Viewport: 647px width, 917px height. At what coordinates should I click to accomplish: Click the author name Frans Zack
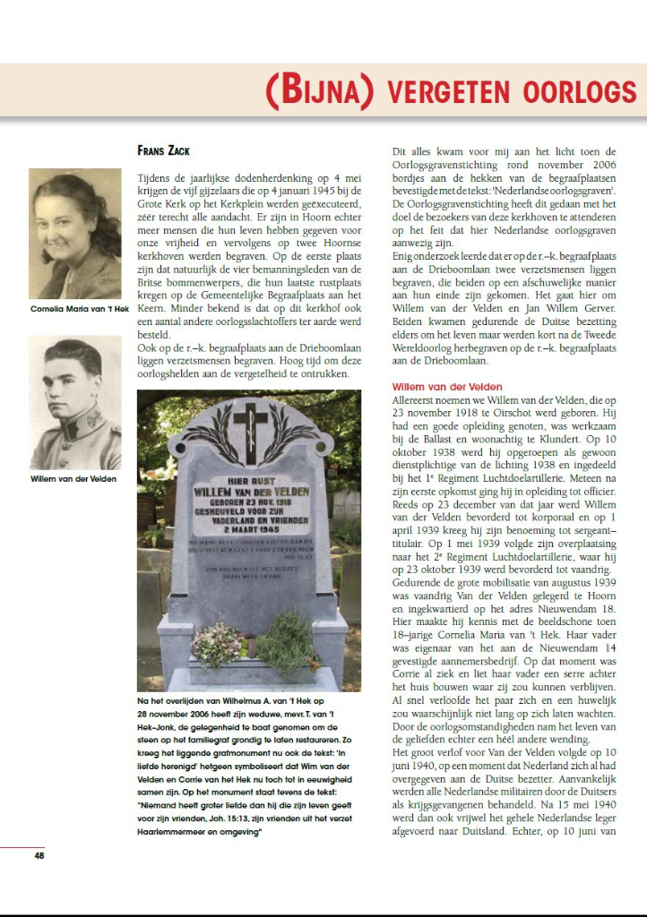163,150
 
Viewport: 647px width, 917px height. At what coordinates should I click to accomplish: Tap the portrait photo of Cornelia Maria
75,233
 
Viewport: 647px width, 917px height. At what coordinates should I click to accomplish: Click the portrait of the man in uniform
75,402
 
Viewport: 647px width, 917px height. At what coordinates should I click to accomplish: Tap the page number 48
39,856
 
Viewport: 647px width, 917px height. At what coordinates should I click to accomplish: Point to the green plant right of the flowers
286,639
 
